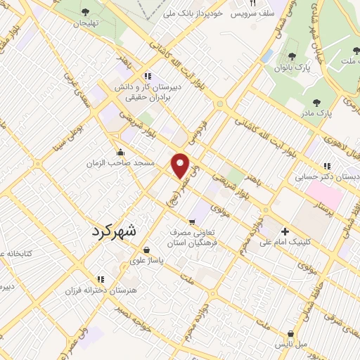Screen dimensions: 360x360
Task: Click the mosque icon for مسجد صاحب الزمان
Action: click(x=120, y=152)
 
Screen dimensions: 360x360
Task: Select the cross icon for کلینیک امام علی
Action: click(x=285, y=231)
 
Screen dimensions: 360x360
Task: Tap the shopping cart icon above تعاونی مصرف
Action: click(x=191, y=222)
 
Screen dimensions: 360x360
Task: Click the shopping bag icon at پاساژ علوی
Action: click(x=146, y=250)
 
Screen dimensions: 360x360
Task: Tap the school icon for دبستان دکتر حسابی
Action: click(x=326, y=167)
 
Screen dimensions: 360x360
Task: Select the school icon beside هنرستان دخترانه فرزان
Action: click(x=101, y=278)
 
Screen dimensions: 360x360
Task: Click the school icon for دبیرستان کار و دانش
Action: click(x=148, y=77)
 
